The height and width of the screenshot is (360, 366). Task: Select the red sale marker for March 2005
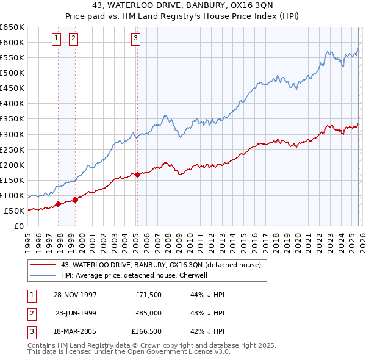click(137, 175)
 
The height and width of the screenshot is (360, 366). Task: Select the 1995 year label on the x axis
click(28, 239)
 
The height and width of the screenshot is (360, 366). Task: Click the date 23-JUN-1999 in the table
click(76, 313)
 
